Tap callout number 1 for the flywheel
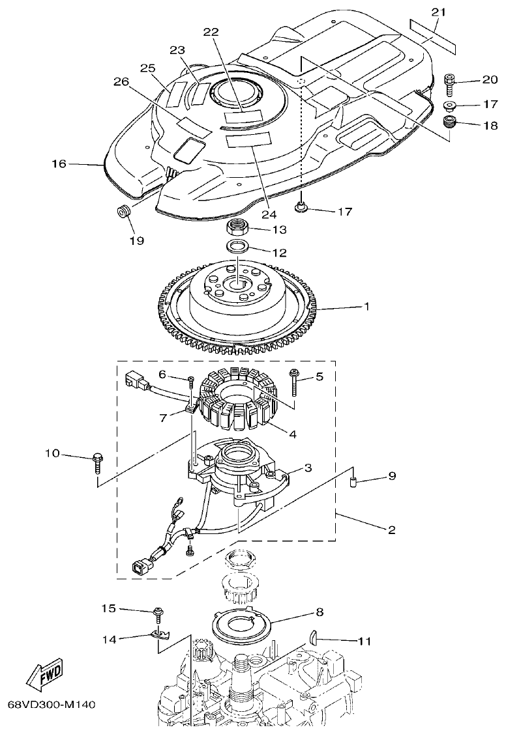(367, 306)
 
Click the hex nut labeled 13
(239, 229)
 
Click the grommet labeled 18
(448, 122)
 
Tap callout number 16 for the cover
(59, 163)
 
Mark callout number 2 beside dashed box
(392, 529)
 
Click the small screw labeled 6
(190, 381)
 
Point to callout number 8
(320, 612)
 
